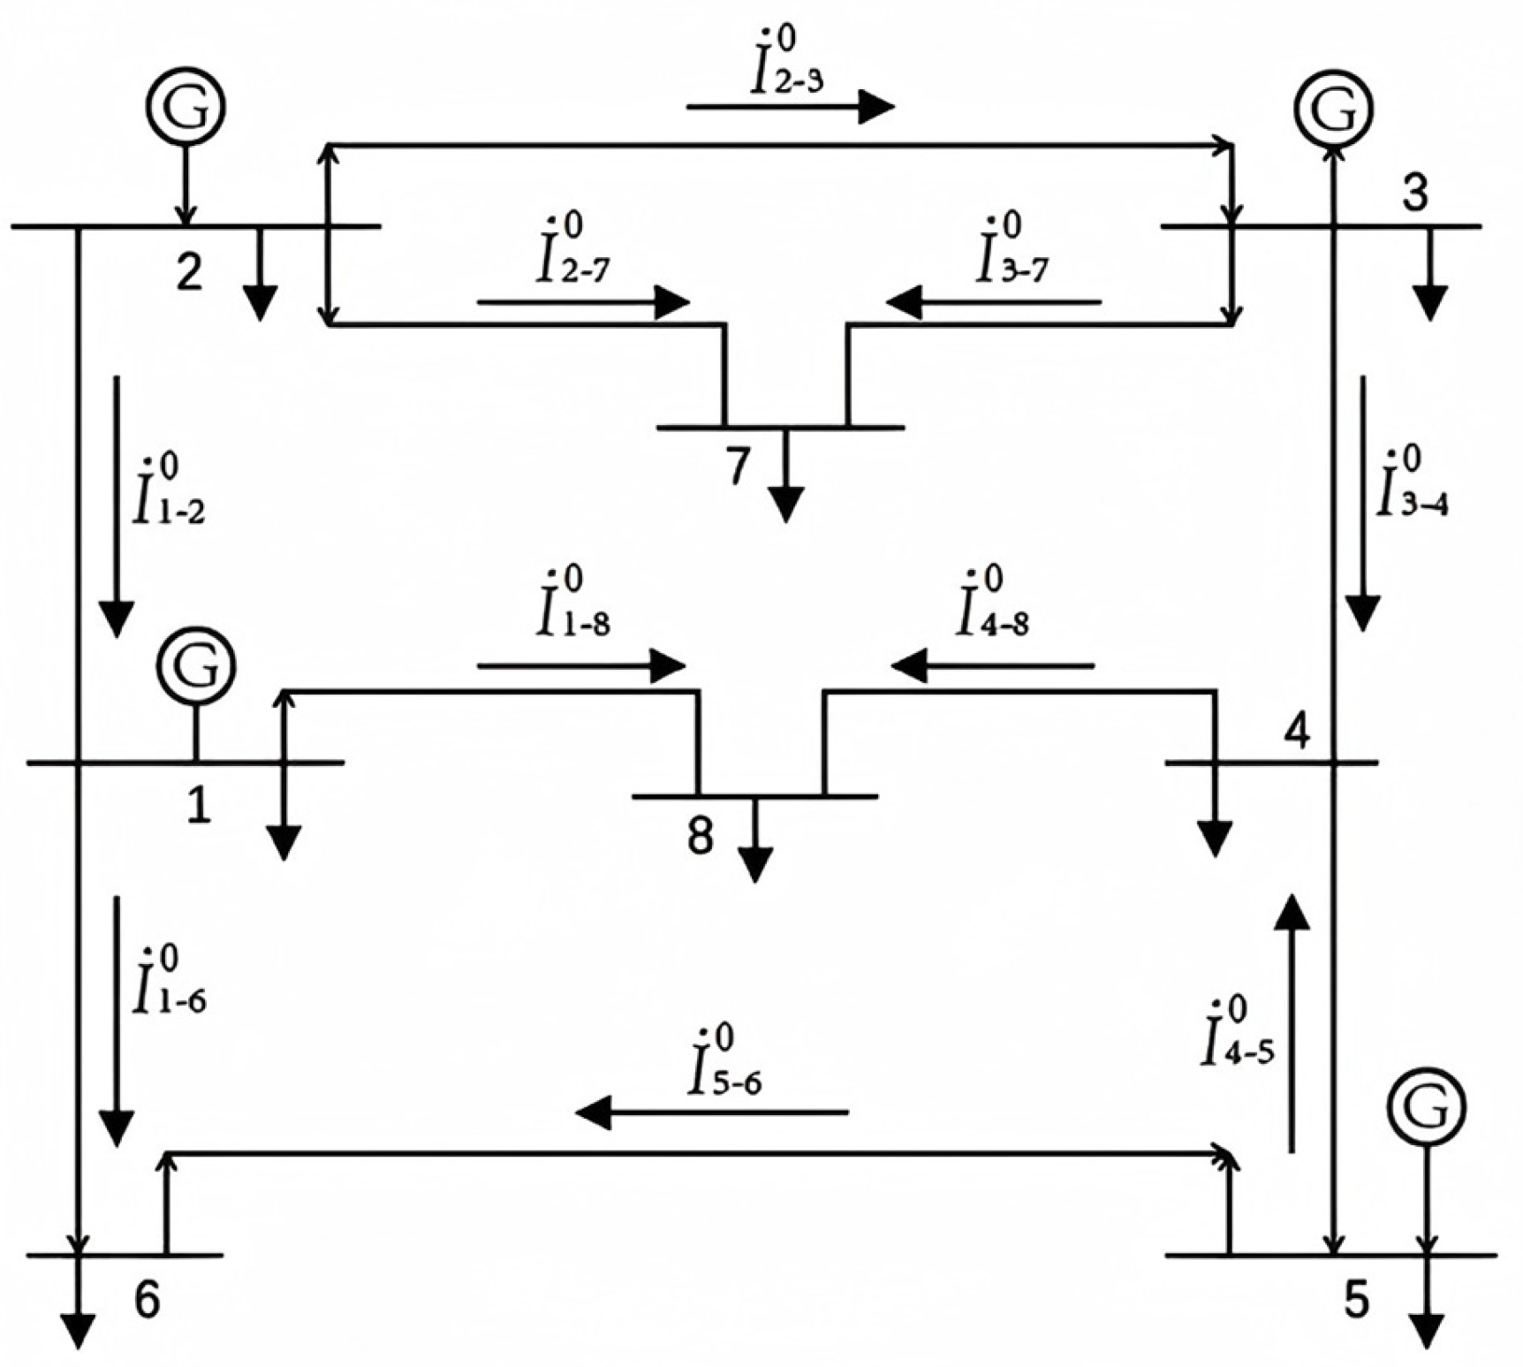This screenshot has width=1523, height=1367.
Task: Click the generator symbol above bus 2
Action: click(x=185, y=106)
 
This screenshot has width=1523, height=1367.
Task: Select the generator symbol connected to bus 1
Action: click(x=196, y=667)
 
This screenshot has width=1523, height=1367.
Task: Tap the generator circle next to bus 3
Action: click(x=1334, y=107)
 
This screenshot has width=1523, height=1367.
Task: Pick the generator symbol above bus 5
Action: click(x=1426, y=1106)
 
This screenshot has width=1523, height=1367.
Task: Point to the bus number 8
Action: click(x=700, y=835)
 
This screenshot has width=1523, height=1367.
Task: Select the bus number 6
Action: click(x=147, y=1299)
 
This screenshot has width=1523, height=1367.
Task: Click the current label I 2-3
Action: click(x=788, y=66)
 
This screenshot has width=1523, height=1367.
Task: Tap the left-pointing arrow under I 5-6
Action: click(x=711, y=1112)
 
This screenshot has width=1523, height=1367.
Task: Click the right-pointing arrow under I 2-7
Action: click(x=583, y=302)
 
